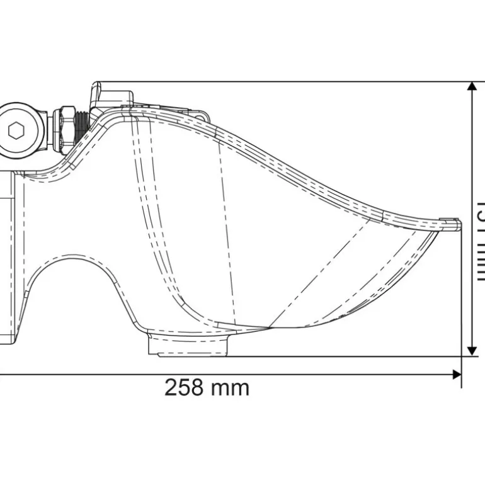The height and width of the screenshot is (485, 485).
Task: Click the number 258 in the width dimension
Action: point(185,387)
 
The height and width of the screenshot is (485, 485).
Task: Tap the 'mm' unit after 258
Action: point(231,388)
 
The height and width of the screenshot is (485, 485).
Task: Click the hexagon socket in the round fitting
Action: point(16,131)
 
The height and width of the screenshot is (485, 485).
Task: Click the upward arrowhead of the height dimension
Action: point(471,89)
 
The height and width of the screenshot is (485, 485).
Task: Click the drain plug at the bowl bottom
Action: point(187,345)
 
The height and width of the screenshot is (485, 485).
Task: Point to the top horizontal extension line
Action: point(283,81)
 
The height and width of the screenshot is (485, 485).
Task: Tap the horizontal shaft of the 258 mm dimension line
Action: point(252,375)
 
